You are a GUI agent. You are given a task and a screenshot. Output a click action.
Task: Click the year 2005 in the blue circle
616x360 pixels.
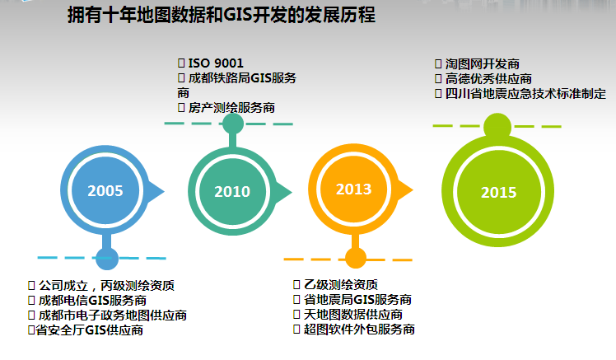pos(105,190)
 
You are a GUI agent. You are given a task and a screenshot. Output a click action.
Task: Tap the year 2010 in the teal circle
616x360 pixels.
pos(232,191)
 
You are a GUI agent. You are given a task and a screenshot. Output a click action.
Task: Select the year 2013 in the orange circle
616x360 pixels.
pos(353,189)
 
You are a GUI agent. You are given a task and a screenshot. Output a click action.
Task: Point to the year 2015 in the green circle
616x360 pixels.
pos(498,192)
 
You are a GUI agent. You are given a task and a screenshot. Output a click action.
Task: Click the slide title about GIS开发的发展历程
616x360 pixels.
pos(222,16)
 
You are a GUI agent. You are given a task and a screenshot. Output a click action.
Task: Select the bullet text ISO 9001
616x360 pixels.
pos(216,63)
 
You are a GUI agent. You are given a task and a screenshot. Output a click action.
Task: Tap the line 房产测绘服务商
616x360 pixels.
pos(231,107)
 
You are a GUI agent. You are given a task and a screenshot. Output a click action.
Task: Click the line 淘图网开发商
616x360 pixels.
pos(483,63)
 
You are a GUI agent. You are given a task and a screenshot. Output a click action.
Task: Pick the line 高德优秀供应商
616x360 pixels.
pos(488,78)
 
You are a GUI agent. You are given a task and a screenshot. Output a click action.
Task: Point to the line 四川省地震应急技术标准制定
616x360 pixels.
pos(525,94)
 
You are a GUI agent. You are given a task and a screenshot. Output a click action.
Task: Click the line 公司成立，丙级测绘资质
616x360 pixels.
pos(106,285)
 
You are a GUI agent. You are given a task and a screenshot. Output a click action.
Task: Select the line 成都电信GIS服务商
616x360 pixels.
pos(92,300)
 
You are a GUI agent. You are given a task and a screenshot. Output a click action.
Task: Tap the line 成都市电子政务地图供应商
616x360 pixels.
pos(112,316)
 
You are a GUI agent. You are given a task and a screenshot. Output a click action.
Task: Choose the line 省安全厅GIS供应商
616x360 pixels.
pos(89,330)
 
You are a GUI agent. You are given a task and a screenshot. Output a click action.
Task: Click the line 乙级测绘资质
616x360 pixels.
pos(341,284)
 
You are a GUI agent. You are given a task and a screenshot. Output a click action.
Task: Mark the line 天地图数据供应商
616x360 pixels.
pos(353,314)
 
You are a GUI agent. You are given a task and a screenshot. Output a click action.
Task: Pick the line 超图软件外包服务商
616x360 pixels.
pos(359,329)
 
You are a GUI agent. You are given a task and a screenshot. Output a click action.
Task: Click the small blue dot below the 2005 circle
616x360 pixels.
pos(107,258)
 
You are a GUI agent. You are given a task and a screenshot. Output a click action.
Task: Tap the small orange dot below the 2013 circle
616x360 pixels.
pos(356,258)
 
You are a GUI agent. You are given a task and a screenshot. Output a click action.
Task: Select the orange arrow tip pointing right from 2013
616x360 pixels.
pos(413,189)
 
